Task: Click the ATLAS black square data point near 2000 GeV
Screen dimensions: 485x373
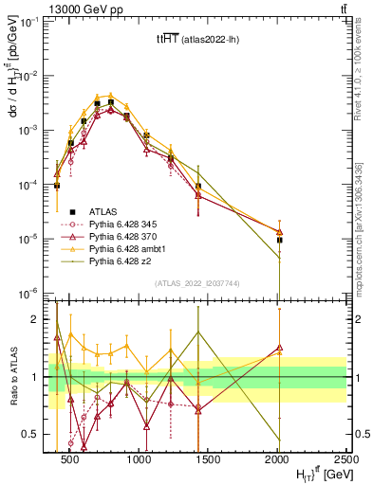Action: [279, 240]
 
